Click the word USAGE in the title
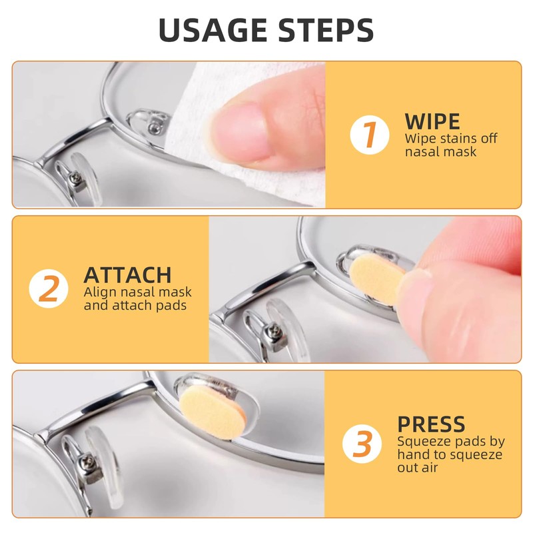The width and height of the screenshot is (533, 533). pyautogui.click(x=213, y=30)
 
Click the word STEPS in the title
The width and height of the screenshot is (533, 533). pyautogui.click(x=326, y=30)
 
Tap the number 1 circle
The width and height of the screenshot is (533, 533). pyautogui.click(x=370, y=135)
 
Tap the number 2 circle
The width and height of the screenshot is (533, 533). pyautogui.click(x=49, y=288)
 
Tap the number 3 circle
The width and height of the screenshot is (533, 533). pyautogui.click(x=362, y=444)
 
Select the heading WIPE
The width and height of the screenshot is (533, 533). pyautogui.click(x=432, y=121)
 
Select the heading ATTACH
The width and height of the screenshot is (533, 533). pyautogui.click(x=127, y=275)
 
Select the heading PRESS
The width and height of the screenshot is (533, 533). pyautogui.click(x=431, y=424)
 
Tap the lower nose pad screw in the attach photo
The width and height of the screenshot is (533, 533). pyautogui.click(x=274, y=329)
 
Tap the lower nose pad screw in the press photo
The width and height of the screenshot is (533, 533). pyautogui.click(x=90, y=461)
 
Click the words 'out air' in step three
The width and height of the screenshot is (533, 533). pyautogui.click(x=418, y=468)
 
